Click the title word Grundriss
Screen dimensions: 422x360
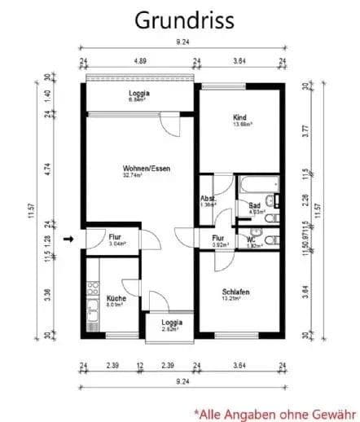click(x=180, y=18)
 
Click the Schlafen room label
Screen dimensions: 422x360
click(x=235, y=291)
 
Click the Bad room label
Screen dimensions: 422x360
click(x=255, y=205)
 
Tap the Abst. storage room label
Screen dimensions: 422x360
click(x=209, y=199)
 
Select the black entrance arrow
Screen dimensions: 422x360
click(x=70, y=239)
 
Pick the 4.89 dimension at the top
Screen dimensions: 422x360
click(x=139, y=60)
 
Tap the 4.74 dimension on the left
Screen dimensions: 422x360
click(x=47, y=169)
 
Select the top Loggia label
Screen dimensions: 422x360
click(x=139, y=94)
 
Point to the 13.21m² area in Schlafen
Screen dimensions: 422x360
click(x=235, y=298)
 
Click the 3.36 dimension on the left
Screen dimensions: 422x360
click(x=47, y=294)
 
